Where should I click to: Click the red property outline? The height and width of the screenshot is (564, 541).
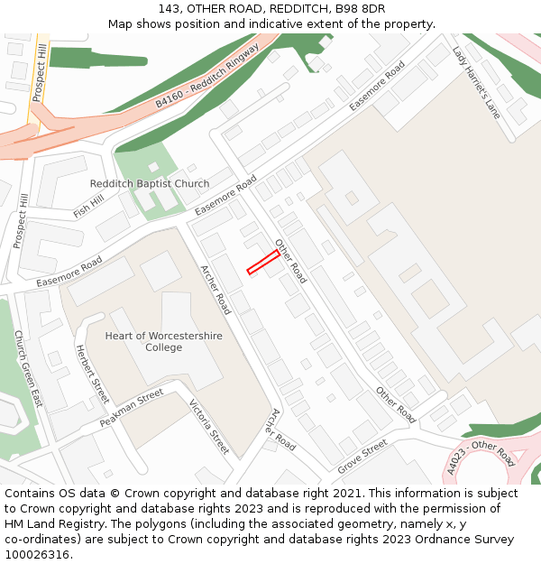[262, 262]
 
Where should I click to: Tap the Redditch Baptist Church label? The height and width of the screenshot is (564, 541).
[150, 184]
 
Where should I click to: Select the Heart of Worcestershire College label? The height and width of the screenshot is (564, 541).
[163, 342]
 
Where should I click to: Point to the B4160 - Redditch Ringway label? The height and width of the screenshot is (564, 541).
[206, 74]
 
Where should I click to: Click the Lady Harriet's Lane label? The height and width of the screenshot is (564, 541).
[476, 83]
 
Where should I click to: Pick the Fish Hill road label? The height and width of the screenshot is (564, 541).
[88, 207]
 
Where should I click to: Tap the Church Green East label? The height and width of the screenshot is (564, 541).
[28, 368]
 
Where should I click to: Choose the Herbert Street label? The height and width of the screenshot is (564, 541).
[92, 374]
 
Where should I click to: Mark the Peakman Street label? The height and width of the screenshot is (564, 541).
[132, 409]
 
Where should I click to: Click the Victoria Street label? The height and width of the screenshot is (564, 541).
[209, 425]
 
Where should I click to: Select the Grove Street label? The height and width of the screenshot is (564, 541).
[362, 458]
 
